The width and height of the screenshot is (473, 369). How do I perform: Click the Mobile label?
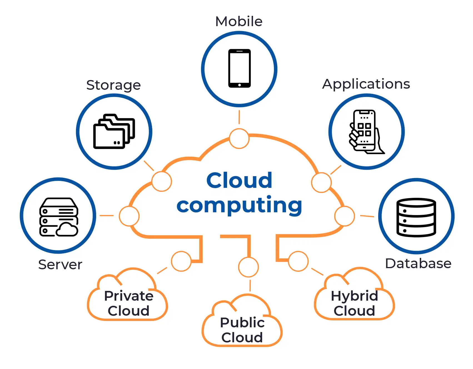239,21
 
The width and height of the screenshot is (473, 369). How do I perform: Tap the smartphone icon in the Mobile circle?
239,68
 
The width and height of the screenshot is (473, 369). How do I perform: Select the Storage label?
113,85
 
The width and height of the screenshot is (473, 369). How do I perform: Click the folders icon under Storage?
114,131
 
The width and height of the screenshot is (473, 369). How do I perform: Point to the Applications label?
366,84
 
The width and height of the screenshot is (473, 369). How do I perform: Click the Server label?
60,265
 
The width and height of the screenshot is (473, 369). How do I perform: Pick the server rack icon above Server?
59,217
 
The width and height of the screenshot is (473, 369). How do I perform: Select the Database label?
418,263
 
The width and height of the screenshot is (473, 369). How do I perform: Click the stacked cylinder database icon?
416,217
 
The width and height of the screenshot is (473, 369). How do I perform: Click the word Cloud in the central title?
239,180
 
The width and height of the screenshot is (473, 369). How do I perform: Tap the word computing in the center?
239,205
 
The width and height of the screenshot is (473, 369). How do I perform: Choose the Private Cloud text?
129,303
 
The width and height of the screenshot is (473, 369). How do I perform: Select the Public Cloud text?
242,330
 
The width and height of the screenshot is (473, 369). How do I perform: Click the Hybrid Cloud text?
354,303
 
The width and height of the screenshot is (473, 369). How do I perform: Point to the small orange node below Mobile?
239,138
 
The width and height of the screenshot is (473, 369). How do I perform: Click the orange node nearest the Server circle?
129,216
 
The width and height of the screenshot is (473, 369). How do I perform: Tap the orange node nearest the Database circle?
345,216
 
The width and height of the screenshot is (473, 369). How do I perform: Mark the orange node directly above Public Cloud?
248,267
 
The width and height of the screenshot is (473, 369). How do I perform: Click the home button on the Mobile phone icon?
240,85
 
